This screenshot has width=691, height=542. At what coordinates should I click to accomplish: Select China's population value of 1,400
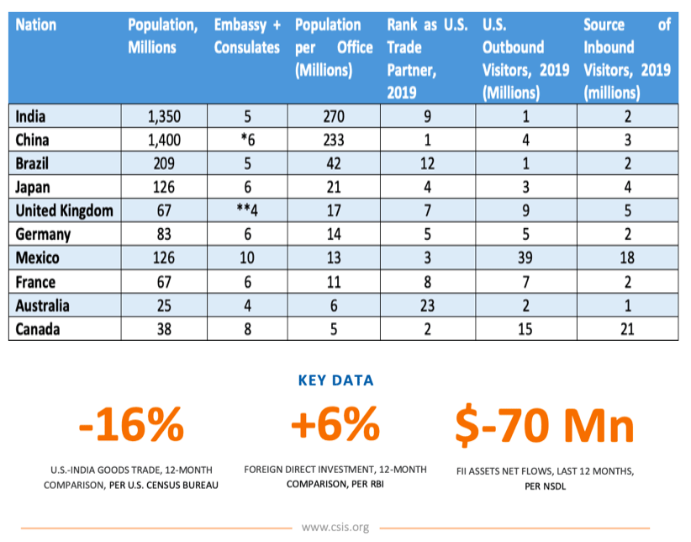tap(162, 140)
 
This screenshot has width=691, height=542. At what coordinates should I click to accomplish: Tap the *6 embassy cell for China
tap(247, 140)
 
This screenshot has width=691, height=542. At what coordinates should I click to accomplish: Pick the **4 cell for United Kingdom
tap(247, 210)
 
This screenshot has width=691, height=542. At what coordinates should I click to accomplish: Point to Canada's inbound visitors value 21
tap(627, 328)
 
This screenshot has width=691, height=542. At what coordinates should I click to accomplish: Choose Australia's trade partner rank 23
tap(427, 305)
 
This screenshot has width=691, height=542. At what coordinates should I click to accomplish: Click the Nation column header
tap(37, 25)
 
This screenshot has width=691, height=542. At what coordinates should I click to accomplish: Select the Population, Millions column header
tap(162, 36)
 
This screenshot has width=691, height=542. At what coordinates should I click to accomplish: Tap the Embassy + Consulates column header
tap(247, 36)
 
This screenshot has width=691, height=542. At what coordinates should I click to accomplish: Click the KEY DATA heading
tap(335, 380)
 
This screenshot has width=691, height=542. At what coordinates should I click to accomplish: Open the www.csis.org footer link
tap(335, 528)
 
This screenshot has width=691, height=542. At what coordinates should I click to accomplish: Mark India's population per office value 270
tap(335, 116)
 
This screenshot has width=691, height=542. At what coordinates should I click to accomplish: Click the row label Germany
tap(43, 234)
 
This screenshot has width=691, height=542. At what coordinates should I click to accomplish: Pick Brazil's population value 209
tap(162, 163)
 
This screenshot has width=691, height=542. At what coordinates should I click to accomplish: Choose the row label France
tap(37, 281)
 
